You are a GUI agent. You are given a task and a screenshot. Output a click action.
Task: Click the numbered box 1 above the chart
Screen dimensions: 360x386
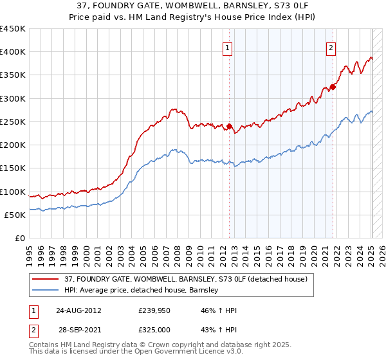228,47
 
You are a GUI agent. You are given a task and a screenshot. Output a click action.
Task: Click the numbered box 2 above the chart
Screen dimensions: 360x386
331,47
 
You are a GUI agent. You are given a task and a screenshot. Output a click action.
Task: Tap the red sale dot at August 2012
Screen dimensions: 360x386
229,127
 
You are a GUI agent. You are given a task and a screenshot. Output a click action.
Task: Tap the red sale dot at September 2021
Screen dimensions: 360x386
333,87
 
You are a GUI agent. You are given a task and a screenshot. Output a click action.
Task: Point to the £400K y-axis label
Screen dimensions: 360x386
13,52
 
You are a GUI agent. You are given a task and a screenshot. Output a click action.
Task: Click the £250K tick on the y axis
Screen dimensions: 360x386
13,122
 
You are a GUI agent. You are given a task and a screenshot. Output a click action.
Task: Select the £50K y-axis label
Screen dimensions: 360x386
15,215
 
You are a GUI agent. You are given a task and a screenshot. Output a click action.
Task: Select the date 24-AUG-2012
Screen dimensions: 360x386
78,310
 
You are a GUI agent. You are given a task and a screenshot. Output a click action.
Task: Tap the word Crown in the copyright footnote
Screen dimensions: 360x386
163,345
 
